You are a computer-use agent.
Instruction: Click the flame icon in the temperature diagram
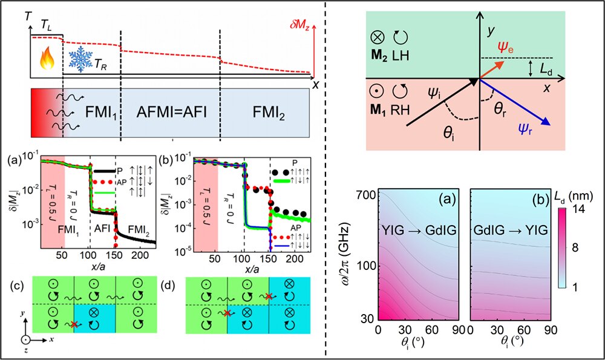pyautogui.click(x=47, y=60)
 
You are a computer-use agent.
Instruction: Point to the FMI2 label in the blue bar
pyautogui.click(x=268, y=114)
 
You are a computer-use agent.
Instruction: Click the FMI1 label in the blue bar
pyautogui.click(x=91, y=114)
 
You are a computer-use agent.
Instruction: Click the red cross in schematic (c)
pyautogui.click(x=73, y=324)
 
